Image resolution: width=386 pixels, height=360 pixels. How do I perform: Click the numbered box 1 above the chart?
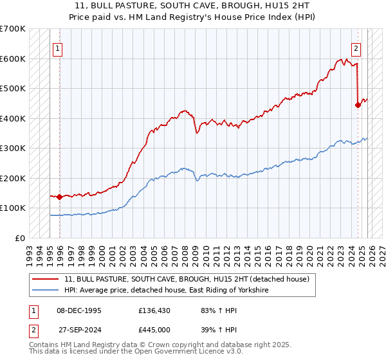point(58,48)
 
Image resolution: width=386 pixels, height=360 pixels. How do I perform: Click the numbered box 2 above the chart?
point(356,48)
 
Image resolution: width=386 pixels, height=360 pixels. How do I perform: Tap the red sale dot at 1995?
point(59,197)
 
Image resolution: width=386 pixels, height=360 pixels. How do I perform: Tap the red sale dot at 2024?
point(358,105)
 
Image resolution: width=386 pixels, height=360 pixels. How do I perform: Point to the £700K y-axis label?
point(13,29)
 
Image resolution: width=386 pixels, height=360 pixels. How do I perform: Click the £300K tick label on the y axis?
point(13,148)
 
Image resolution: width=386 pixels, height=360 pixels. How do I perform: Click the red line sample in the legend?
point(46,279)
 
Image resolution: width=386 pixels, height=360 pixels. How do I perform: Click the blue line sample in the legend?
point(46,291)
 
